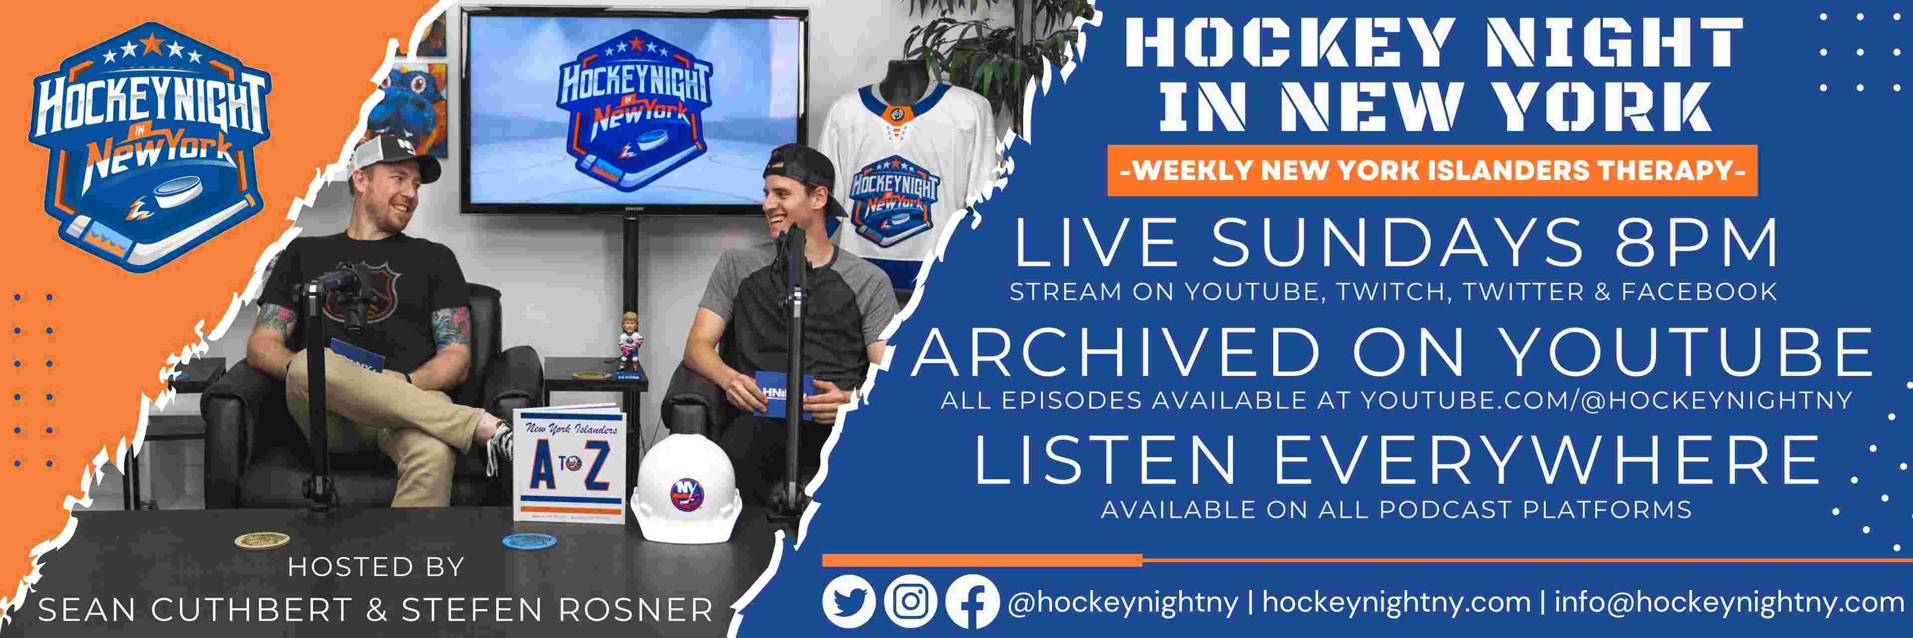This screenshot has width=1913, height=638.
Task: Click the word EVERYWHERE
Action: [x=1548, y=461]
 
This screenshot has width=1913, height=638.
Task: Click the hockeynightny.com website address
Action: [x=1396, y=602]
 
